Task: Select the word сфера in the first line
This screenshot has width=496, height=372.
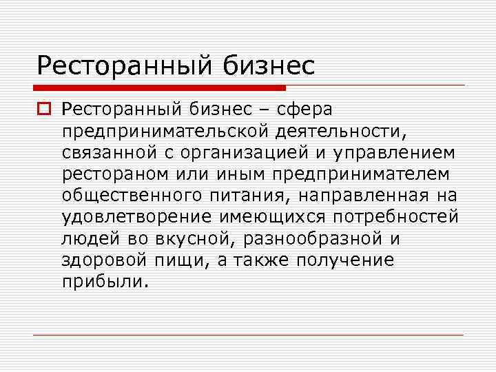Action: pyautogui.click(x=304, y=109)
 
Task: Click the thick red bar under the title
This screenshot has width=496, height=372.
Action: pyautogui.click(x=159, y=87)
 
